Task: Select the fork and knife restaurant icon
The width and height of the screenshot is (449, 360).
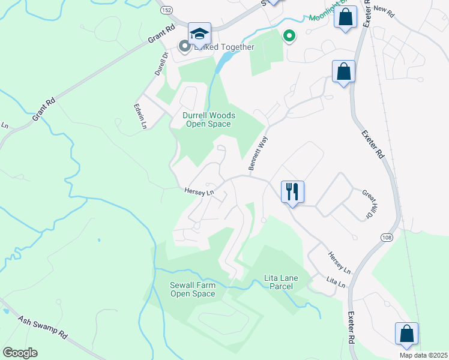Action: pos(292,192)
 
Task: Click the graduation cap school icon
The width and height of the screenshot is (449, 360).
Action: pos(199,34)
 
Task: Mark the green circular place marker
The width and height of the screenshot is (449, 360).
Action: pos(289,37)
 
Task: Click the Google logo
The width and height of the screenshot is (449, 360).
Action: pos(20,353)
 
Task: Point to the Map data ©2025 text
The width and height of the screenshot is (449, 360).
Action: pos(423,355)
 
